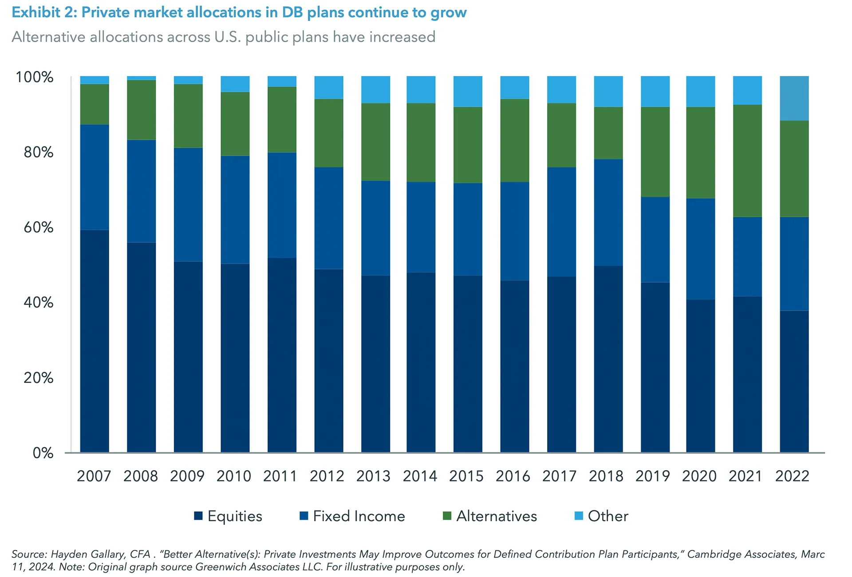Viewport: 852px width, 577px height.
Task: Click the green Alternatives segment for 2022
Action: [794, 168]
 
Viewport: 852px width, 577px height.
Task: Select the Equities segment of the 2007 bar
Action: [95, 341]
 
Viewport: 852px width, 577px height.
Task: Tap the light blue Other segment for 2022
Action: [794, 98]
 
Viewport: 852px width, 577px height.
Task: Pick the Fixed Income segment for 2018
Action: [608, 212]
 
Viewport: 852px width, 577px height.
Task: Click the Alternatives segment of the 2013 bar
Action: [375, 142]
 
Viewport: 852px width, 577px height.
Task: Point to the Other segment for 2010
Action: [235, 84]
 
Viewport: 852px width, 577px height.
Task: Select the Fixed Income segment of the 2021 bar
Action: [747, 257]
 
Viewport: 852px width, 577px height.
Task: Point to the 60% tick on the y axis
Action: [39, 227]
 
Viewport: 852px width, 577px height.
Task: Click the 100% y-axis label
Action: [35, 77]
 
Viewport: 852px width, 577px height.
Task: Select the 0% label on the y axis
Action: [43, 453]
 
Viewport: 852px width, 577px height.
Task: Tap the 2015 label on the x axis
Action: [466, 476]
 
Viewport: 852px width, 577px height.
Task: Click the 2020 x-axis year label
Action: [699, 476]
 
